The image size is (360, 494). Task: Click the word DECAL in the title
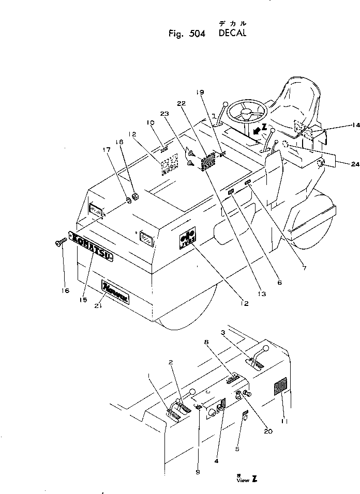tap(232, 34)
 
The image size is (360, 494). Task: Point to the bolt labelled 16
tap(58, 241)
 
